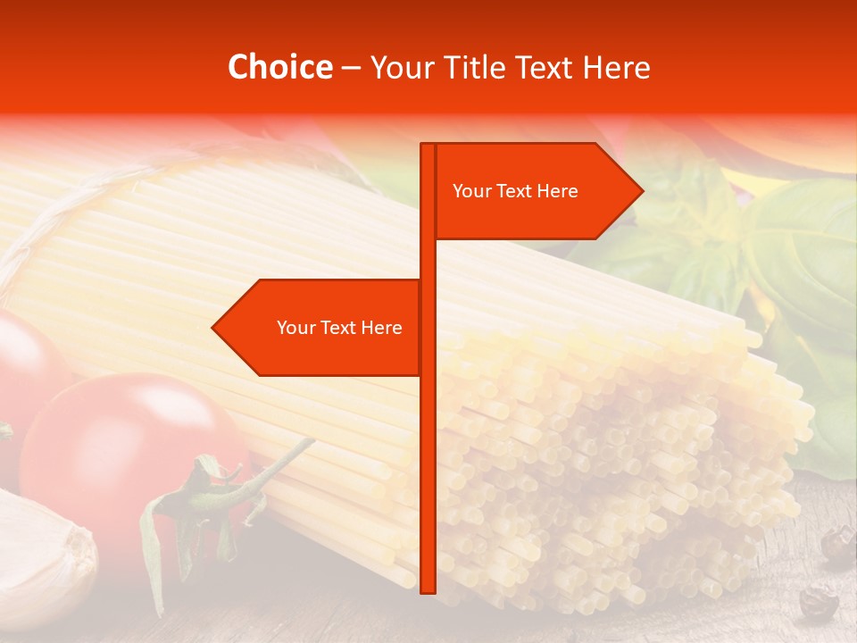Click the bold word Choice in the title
pyautogui.click(x=279, y=67)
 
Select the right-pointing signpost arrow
pyautogui.click(x=536, y=191)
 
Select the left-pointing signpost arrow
pyautogui.click(x=321, y=328)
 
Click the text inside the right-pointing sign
pyautogui.click(x=515, y=191)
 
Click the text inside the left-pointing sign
pyautogui.click(x=339, y=328)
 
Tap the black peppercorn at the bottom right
pyautogui.click(x=818, y=603)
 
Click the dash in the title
pyautogui.click(x=351, y=68)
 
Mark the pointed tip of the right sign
pyautogui.click(x=642, y=190)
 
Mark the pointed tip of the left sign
pyautogui.click(x=212, y=328)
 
